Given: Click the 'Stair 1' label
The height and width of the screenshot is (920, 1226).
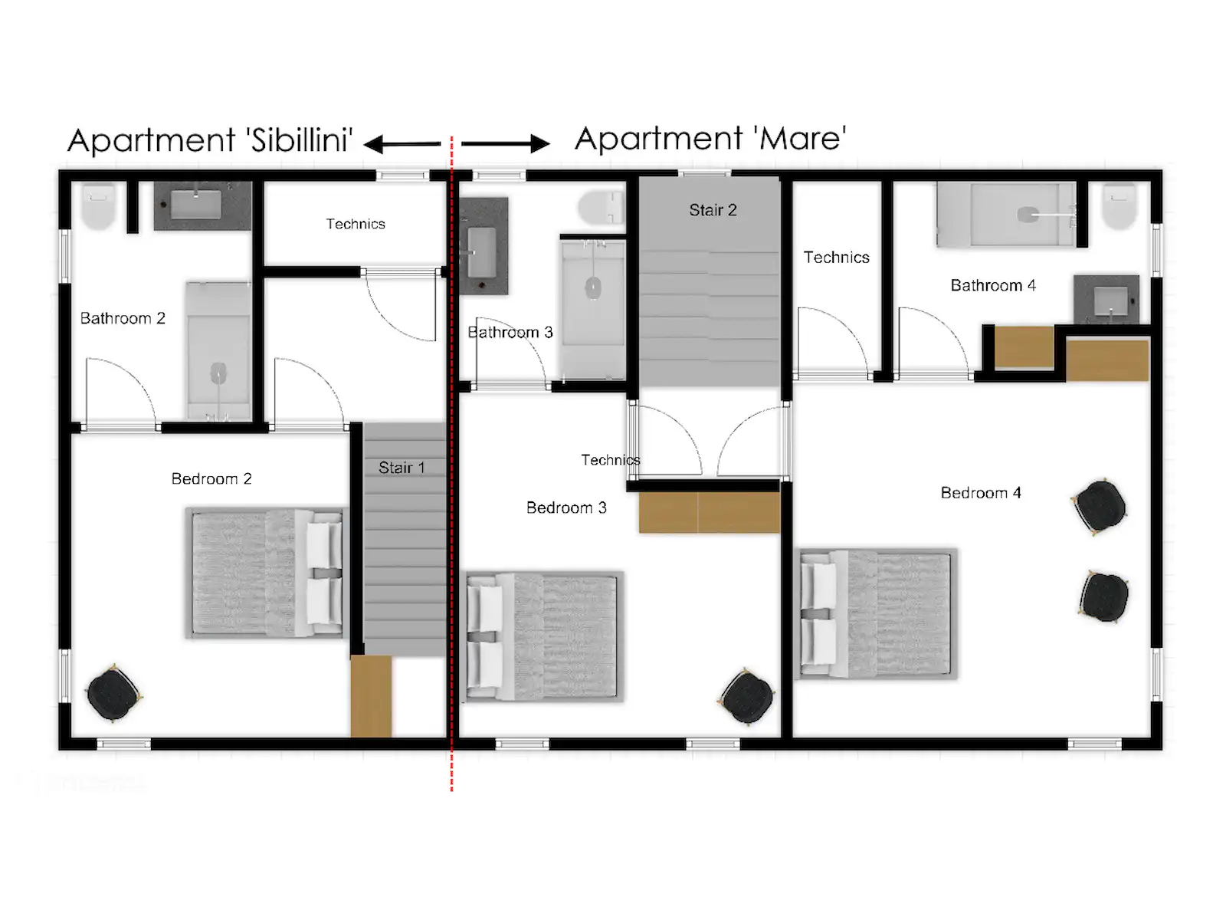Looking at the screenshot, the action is [401, 468].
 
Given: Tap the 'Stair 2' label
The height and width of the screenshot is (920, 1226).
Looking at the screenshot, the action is [713, 210].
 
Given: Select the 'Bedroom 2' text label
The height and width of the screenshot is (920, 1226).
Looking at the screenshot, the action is [211, 478].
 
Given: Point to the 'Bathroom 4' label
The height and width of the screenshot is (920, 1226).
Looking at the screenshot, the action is [993, 285].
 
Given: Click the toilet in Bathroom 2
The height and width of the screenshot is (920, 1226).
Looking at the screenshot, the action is [98, 206].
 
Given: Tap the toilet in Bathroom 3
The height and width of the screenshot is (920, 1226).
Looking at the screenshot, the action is [601, 207].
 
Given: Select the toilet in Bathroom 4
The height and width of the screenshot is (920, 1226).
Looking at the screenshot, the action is [1119, 206].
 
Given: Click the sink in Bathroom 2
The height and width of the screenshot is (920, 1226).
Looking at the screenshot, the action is [196, 205].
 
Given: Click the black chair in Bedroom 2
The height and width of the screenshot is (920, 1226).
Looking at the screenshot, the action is [113, 695].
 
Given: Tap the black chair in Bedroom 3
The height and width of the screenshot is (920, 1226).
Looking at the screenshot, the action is [747, 697].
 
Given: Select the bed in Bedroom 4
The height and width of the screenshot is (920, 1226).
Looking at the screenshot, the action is [877, 614].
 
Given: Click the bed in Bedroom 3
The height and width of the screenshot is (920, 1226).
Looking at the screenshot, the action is [545, 636].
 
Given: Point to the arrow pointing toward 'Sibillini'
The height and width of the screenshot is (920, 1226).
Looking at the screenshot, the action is [402, 144].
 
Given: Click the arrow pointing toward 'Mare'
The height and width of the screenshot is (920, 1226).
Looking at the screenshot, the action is [506, 143].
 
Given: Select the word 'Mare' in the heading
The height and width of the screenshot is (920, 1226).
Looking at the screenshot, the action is [799, 139].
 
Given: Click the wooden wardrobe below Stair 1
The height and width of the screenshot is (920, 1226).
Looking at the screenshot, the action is [371, 697].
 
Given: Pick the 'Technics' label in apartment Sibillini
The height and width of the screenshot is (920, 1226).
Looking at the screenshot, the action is [356, 224].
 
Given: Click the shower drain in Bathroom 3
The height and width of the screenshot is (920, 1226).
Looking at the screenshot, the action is [592, 289].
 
